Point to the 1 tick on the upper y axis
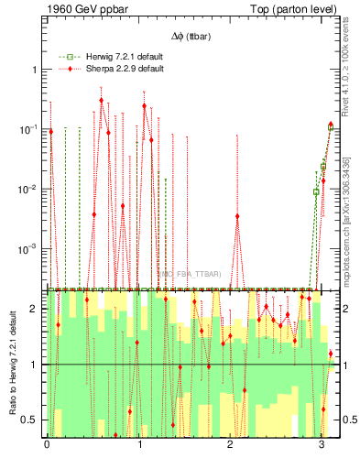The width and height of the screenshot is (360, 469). click(x=33, y=70)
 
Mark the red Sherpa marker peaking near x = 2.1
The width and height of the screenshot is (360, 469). click(x=237, y=216)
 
